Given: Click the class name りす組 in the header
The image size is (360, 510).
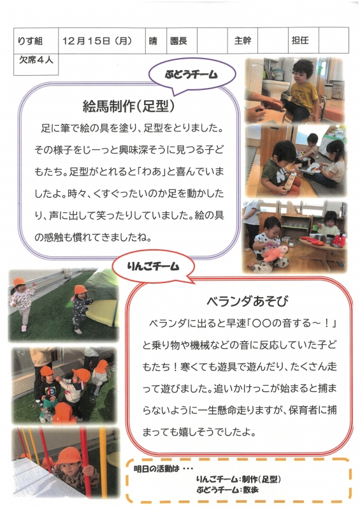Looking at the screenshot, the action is click(x=30, y=41).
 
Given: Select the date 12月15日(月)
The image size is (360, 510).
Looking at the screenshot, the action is click(x=97, y=41).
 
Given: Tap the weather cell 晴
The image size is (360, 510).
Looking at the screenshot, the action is click(x=153, y=41).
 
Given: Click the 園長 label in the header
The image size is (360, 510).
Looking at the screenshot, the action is click(x=178, y=41).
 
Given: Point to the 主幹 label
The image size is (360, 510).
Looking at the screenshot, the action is click(x=243, y=41).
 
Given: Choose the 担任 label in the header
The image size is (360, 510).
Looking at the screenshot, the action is click(x=300, y=40).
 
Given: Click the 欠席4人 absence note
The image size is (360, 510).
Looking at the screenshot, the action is click(x=36, y=60).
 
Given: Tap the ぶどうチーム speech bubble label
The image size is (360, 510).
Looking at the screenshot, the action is click(x=191, y=75).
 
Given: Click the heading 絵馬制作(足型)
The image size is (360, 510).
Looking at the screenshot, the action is click(x=129, y=106).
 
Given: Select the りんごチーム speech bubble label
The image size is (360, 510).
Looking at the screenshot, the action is click(x=153, y=266).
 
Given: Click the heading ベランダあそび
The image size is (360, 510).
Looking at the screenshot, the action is click(x=247, y=301).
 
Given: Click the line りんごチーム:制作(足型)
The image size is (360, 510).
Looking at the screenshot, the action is click(x=238, y=479).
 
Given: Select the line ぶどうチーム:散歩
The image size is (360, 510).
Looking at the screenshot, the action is click(x=227, y=490).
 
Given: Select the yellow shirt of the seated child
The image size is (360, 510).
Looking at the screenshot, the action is click(x=303, y=95).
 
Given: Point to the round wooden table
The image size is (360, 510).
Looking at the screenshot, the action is click(x=322, y=245).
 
